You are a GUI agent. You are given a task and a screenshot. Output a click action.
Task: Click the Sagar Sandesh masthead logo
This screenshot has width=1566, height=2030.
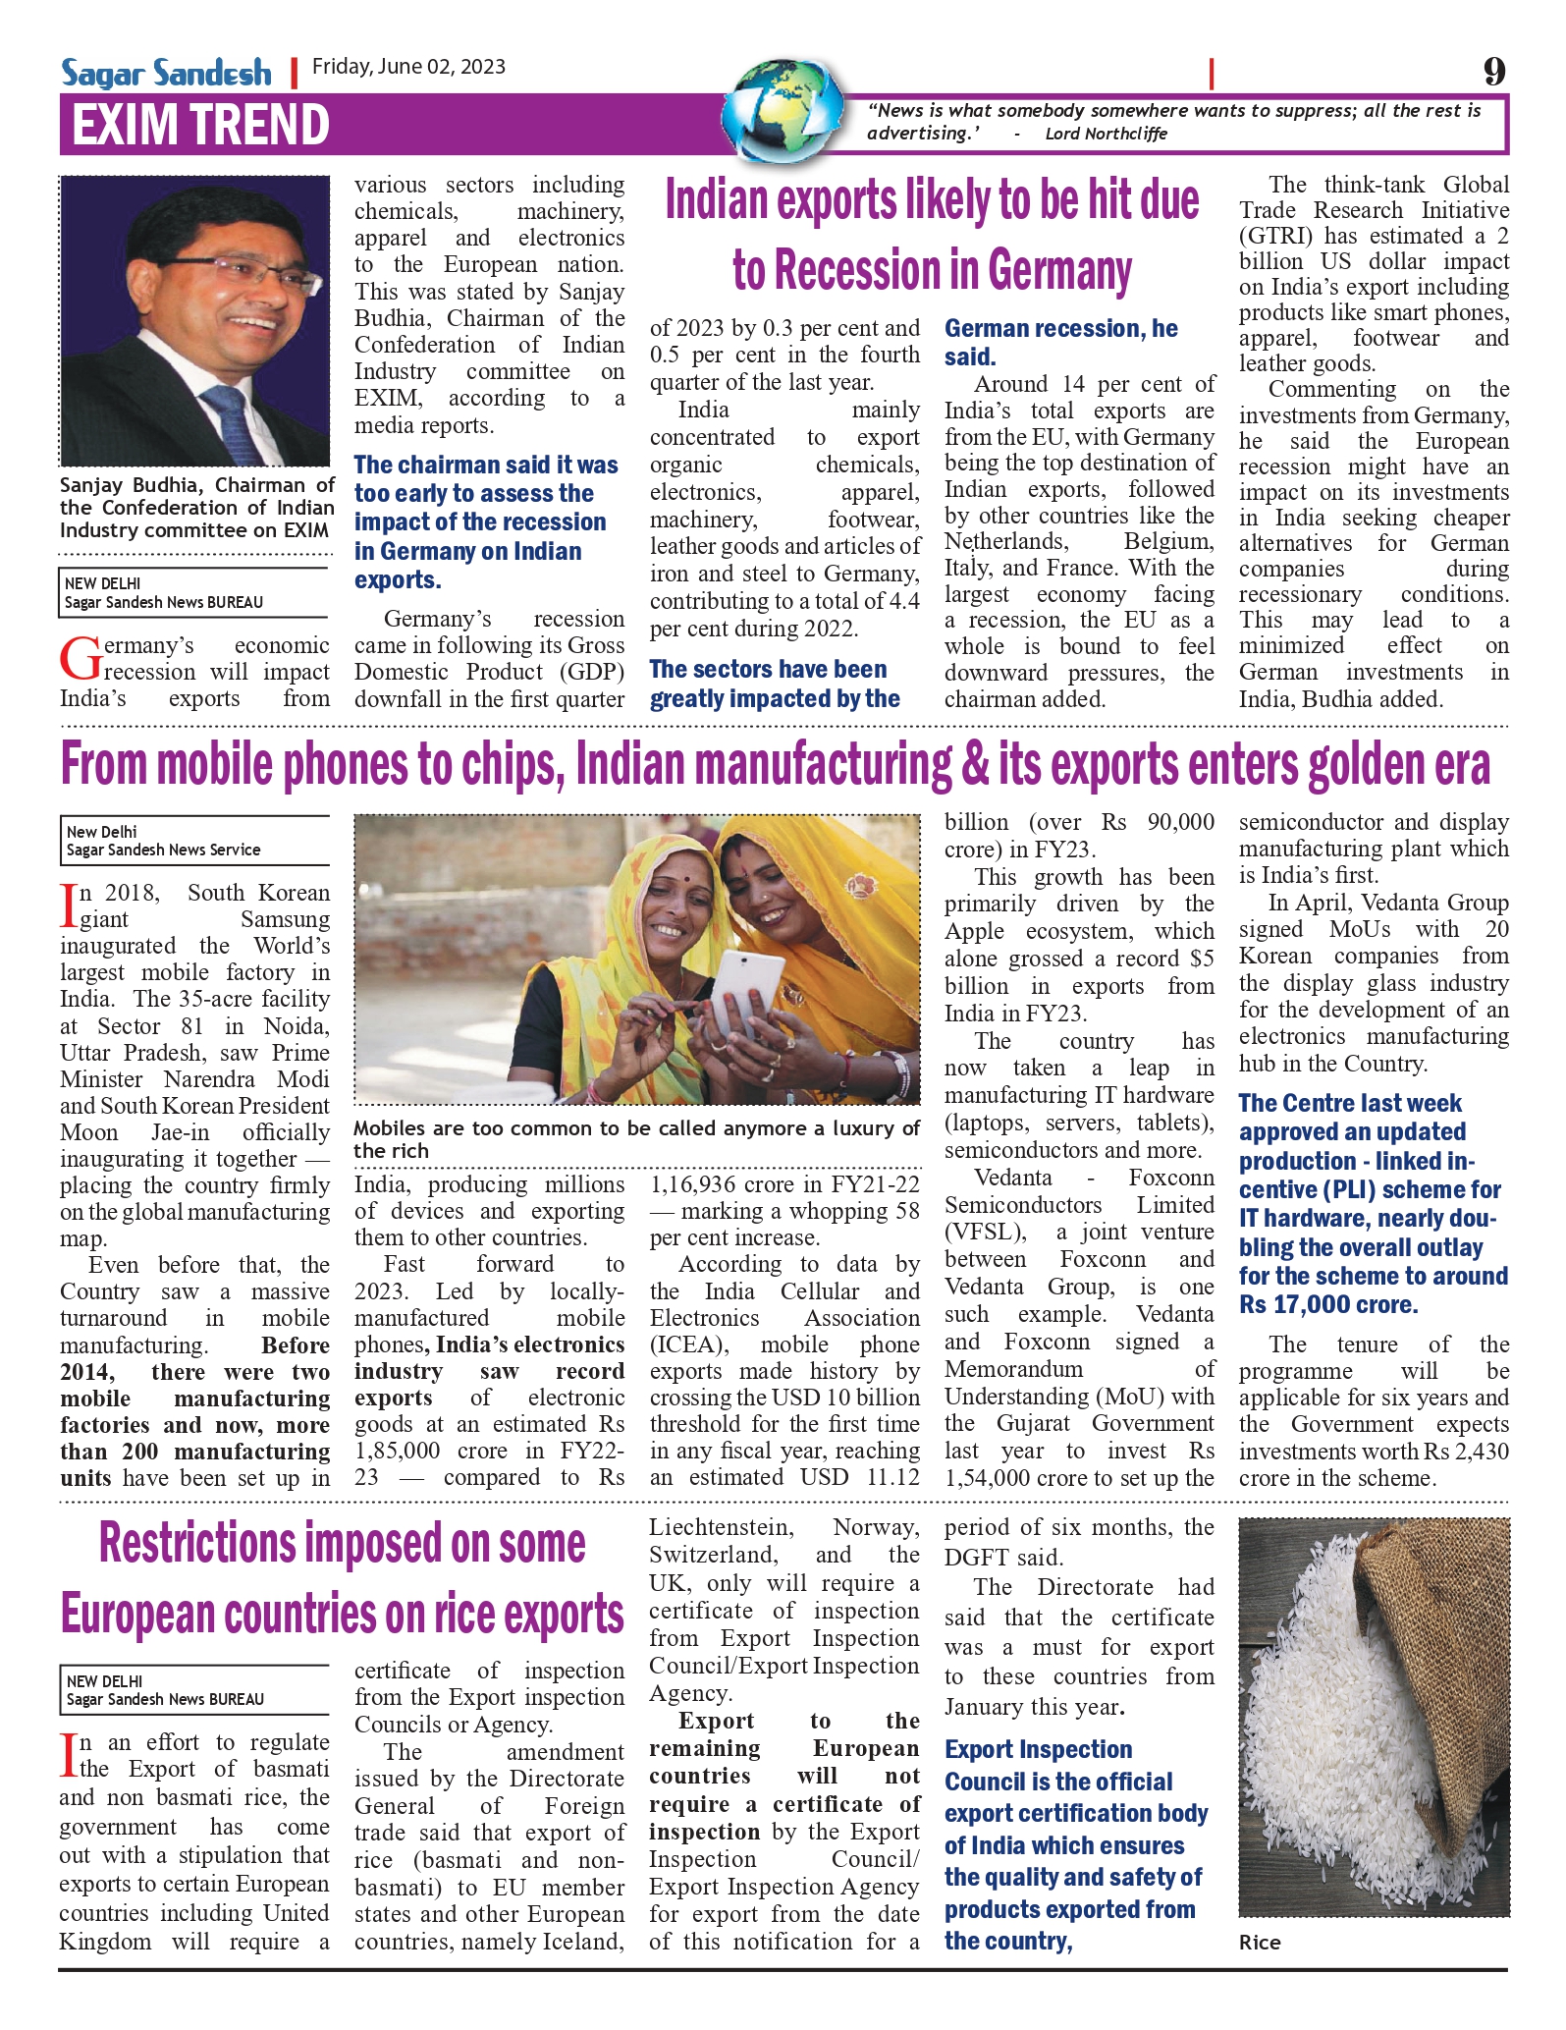tap(166, 73)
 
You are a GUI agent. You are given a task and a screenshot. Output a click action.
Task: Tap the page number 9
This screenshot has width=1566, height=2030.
tap(1493, 72)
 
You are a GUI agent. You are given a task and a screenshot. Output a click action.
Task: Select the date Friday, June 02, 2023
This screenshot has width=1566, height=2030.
tap(408, 67)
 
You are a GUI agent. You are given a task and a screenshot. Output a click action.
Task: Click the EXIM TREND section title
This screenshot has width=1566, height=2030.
tap(200, 125)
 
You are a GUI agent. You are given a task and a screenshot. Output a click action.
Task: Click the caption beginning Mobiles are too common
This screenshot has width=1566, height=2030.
tap(636, 1139)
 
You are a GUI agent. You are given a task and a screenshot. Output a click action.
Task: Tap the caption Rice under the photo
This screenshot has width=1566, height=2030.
tap(1260, 1942)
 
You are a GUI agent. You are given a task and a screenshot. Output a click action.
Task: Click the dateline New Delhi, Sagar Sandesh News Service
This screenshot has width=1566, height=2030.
tap(164, 841)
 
